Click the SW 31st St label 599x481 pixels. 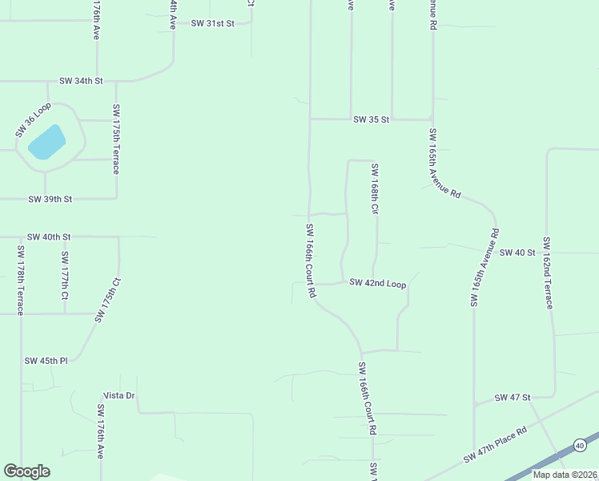pos(212,23)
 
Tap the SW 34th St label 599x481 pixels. pos(82,81)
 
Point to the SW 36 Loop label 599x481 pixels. pos(33,119)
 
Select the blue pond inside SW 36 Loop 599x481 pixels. pos(46,142)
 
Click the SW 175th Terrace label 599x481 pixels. pos(116,139)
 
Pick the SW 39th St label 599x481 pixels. pos(50,199)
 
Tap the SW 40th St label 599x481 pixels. pos(49,237)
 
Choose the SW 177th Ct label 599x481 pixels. pos(65,275)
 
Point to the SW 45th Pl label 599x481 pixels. pos(46,361)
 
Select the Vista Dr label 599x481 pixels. pos(119,396)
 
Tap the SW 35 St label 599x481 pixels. pos(371,119)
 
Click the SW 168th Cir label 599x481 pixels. pos(374,189)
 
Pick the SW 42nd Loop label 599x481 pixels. pos(378,284)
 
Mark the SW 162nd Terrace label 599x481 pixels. pos(549,273)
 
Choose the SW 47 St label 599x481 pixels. pos(513,398)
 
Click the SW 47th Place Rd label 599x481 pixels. pos(496,446)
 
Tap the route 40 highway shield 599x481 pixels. pos(580,445)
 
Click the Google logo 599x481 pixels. pos(26,471)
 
